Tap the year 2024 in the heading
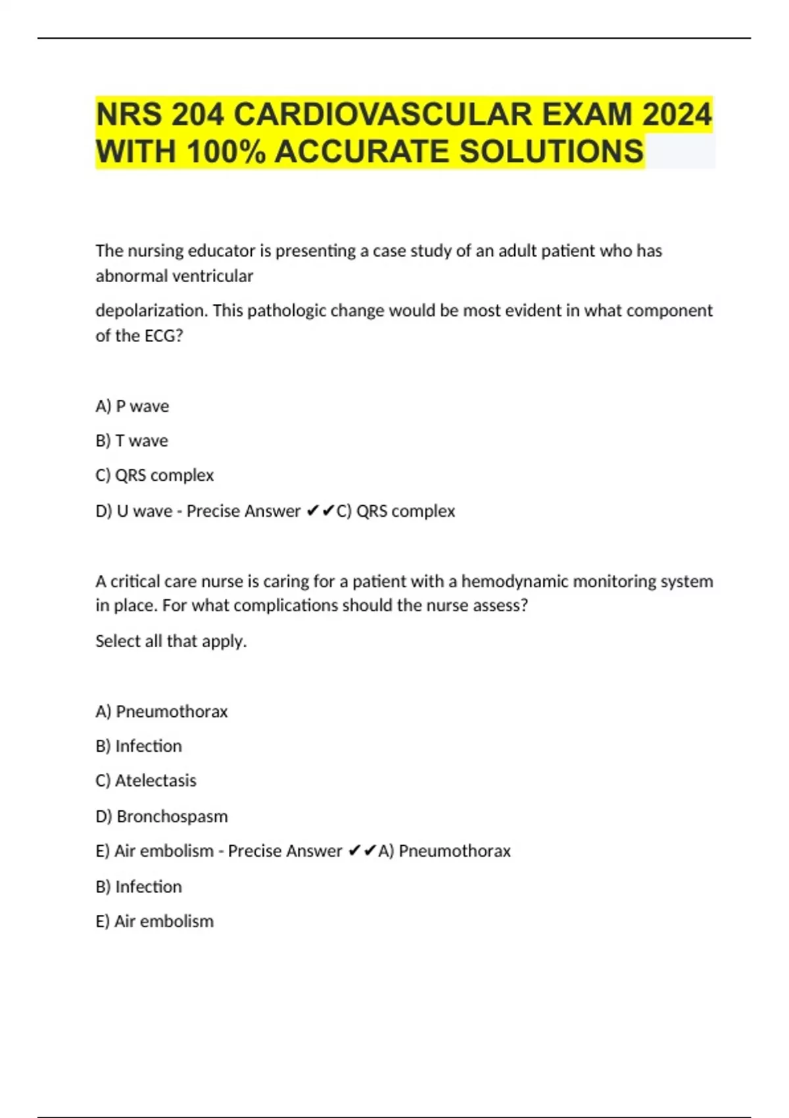[x=677, y=114]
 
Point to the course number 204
[x=197, y=114]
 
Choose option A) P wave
[x=132, y=406]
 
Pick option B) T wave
[x=131, y=441]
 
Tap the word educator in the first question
[x=221, y=251]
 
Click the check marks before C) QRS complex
[x=321, y=511]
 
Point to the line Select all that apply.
[x=171, y=641]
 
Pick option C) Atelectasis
[x=146, y=781]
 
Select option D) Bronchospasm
[x=162, y=816]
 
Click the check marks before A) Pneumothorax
[x=362, y=851]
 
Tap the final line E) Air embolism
[x=155, y=921]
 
